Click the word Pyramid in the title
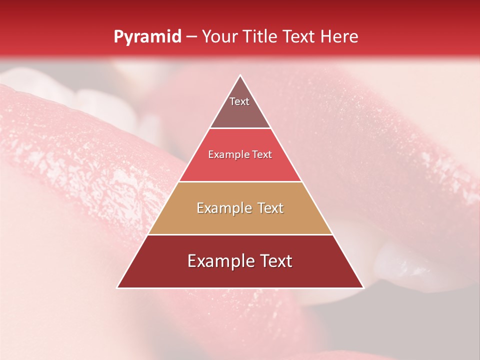point(147,36)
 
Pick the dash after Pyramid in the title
point(191,37)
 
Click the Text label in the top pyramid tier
point(239,101)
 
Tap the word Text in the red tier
point(262,154)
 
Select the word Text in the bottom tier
point(275,261)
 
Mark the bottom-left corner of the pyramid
point(117,287)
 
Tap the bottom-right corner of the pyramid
point(363,287)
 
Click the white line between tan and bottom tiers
point(240,234)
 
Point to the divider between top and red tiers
point(240,128)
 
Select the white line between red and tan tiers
point(240,181)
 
